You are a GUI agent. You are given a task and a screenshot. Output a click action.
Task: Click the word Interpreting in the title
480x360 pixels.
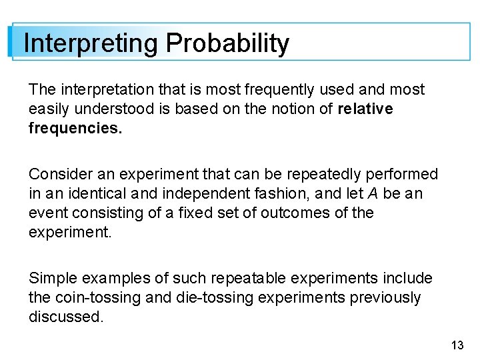[x=91, y=44]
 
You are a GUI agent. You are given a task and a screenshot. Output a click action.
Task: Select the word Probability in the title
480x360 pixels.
[x=227, y=44]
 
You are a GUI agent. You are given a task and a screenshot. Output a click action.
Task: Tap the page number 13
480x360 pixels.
[x=457, y=345]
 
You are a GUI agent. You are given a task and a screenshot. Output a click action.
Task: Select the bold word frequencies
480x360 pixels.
[x=75, y=128]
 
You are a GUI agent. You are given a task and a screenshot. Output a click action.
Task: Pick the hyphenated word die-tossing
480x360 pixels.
[x=210, y=298]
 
